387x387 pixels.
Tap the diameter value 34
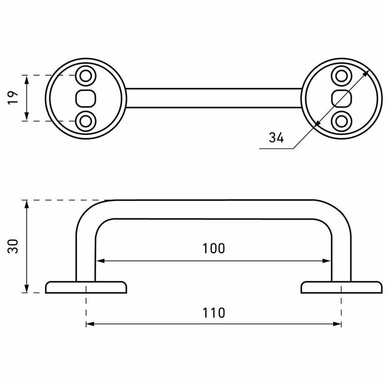tap(276, 138)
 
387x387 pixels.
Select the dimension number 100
tap(214, 249)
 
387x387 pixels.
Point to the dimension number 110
tap(214, 313)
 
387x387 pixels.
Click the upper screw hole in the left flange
tap(87, 75)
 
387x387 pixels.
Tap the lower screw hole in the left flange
tap(87, 120)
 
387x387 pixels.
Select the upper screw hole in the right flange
tap(342, 75)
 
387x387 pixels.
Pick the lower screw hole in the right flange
tap(342, 120)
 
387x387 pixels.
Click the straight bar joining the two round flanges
tap(214, 98)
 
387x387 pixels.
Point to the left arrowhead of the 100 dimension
tap(99, 261)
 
